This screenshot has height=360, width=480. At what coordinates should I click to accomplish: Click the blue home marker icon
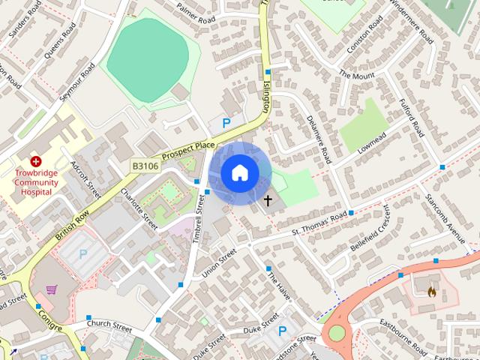tap(239, 173)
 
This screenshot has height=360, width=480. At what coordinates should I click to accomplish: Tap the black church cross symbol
tap(267, 200)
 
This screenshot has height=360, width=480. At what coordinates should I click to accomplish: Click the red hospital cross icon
tap(35, 161)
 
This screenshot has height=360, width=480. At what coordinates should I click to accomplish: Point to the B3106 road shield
tap(145, 166)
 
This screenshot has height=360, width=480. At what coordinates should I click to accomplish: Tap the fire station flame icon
tap(431, 292)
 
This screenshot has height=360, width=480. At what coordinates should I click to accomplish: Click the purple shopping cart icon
tap(52, 289)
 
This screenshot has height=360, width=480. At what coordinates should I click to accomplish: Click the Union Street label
tap(219, 265)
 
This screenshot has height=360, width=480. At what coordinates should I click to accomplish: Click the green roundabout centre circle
tap(337, 331)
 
